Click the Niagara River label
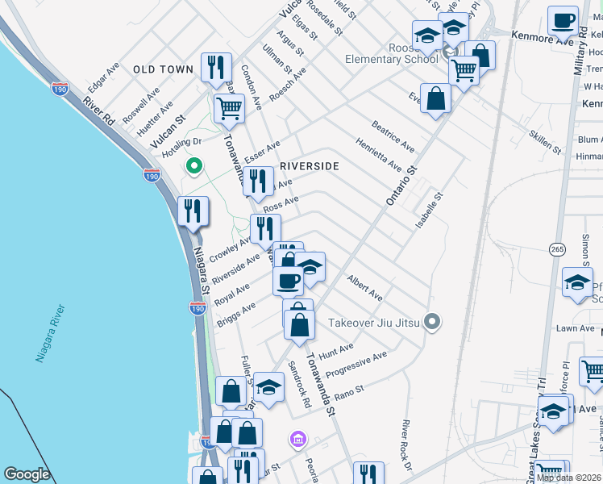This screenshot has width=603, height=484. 51,333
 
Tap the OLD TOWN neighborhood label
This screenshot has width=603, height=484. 164,70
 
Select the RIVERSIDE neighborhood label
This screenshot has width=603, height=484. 309,166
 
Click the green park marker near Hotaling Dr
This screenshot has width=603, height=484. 193,167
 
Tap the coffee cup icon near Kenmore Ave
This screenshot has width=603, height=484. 563,20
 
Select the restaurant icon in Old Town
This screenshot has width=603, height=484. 215,67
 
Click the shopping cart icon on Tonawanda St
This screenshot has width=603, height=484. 230,107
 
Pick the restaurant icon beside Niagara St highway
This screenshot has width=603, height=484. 193,211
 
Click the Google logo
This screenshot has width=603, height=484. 27,474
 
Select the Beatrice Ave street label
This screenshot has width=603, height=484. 393,136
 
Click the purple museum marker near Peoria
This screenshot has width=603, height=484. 298,440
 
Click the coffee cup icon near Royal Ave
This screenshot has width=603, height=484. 288,281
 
